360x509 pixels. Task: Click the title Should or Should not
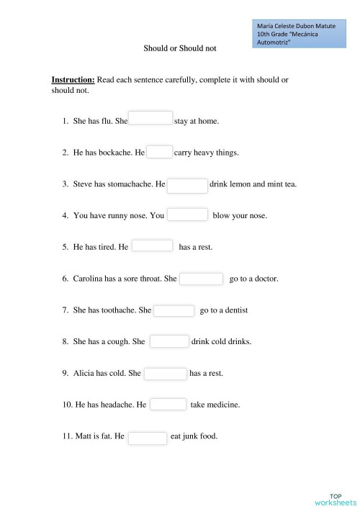click(179, 49)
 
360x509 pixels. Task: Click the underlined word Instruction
click(73, 80)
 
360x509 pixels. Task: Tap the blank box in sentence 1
click(150, 118)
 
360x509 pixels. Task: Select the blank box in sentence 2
click(160, 152)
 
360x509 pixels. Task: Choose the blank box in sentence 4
click(188, 215)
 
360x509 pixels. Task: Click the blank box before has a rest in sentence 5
click(153, 246)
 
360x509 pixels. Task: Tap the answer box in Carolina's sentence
click(201, 279)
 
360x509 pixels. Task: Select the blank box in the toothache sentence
click(174, 310)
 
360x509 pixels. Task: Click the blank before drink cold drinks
click(169, 341)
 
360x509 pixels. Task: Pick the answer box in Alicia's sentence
click(166, 373)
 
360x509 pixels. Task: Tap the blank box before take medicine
click(168, 405)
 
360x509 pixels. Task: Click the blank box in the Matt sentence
click(148, 437)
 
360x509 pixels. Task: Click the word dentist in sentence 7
click(235, 310)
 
